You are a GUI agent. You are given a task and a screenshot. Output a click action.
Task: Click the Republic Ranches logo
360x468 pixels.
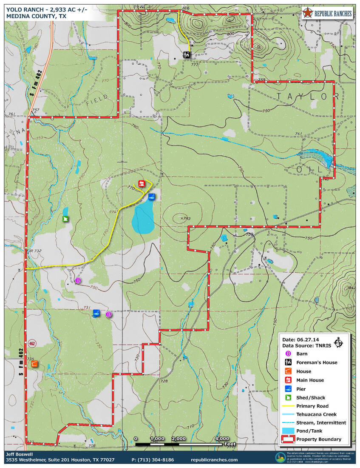tap(327, 13)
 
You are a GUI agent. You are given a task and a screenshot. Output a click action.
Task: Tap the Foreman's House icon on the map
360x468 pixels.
tap(187, 54)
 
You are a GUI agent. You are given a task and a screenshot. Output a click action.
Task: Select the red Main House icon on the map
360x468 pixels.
tap(142, 184)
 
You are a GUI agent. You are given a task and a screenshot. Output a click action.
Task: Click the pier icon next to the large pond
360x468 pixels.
tap(151, 197)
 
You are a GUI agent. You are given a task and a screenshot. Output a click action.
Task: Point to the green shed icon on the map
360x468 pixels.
tap(65, 219)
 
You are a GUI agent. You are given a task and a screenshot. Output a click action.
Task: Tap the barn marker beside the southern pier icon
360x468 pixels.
tap(108, 314)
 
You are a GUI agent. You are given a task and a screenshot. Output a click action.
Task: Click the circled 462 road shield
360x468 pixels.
tap(32, 343)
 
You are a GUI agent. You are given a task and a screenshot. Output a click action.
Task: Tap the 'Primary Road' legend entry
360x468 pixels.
tap(312, 406)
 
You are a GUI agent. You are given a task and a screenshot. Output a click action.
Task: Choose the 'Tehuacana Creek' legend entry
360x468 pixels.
tap(316, 414)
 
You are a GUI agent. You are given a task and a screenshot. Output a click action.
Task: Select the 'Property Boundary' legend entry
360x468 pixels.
tap(318, 439)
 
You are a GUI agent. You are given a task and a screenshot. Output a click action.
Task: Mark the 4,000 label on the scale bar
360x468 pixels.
tap(222, 439)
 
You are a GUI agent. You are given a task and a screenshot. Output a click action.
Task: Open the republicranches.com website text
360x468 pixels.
tap(215, 460)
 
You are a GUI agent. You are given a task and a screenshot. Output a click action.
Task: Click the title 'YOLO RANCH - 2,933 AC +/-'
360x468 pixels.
tap(47, 9)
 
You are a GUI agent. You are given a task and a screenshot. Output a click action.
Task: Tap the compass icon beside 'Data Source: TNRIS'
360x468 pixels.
tap(339, 342)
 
